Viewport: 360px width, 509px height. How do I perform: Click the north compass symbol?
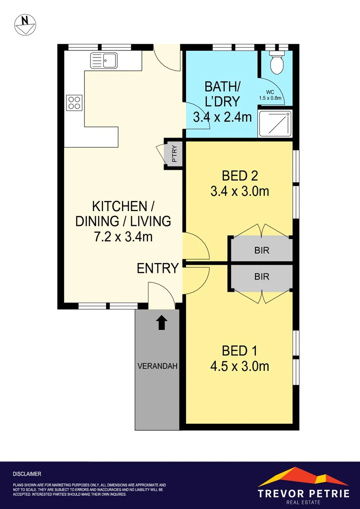pyautogui.click(x=25, y=25)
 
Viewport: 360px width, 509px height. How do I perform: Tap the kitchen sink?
pyautogui.click(x=104, y=60)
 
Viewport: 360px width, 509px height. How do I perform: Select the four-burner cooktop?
pyautogui.click(x=74, y=102)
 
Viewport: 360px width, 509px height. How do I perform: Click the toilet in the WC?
pyautogui.click(x=276, y=62)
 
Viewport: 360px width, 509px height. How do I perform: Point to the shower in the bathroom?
pyautogui.click(x=275, y=123)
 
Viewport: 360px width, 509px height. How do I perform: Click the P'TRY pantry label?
pyautogui.click(x=174, y=155)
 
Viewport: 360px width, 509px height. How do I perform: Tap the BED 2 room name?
pyautogui.click(x=240, y=176)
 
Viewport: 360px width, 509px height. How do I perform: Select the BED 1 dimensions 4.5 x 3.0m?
pyautogui.click(x=239, y=367)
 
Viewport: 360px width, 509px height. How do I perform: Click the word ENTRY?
pyautogui.click(x=158, y=269)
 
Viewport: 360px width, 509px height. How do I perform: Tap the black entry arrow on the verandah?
pyautogui.click(x=161, y=323)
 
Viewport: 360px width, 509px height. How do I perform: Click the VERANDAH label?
pyautogui.click(x=157, y=366)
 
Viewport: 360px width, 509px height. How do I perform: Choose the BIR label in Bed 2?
pyautogui.click(x=262, y=250)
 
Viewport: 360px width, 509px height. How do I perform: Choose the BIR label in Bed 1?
pyautogui.click(x=262, y=276)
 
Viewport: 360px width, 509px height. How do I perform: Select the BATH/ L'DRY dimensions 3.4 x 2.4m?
pyautogui.click(x=222, y=117)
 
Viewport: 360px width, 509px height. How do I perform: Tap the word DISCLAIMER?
pyautogui.click(x=27, y=474)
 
